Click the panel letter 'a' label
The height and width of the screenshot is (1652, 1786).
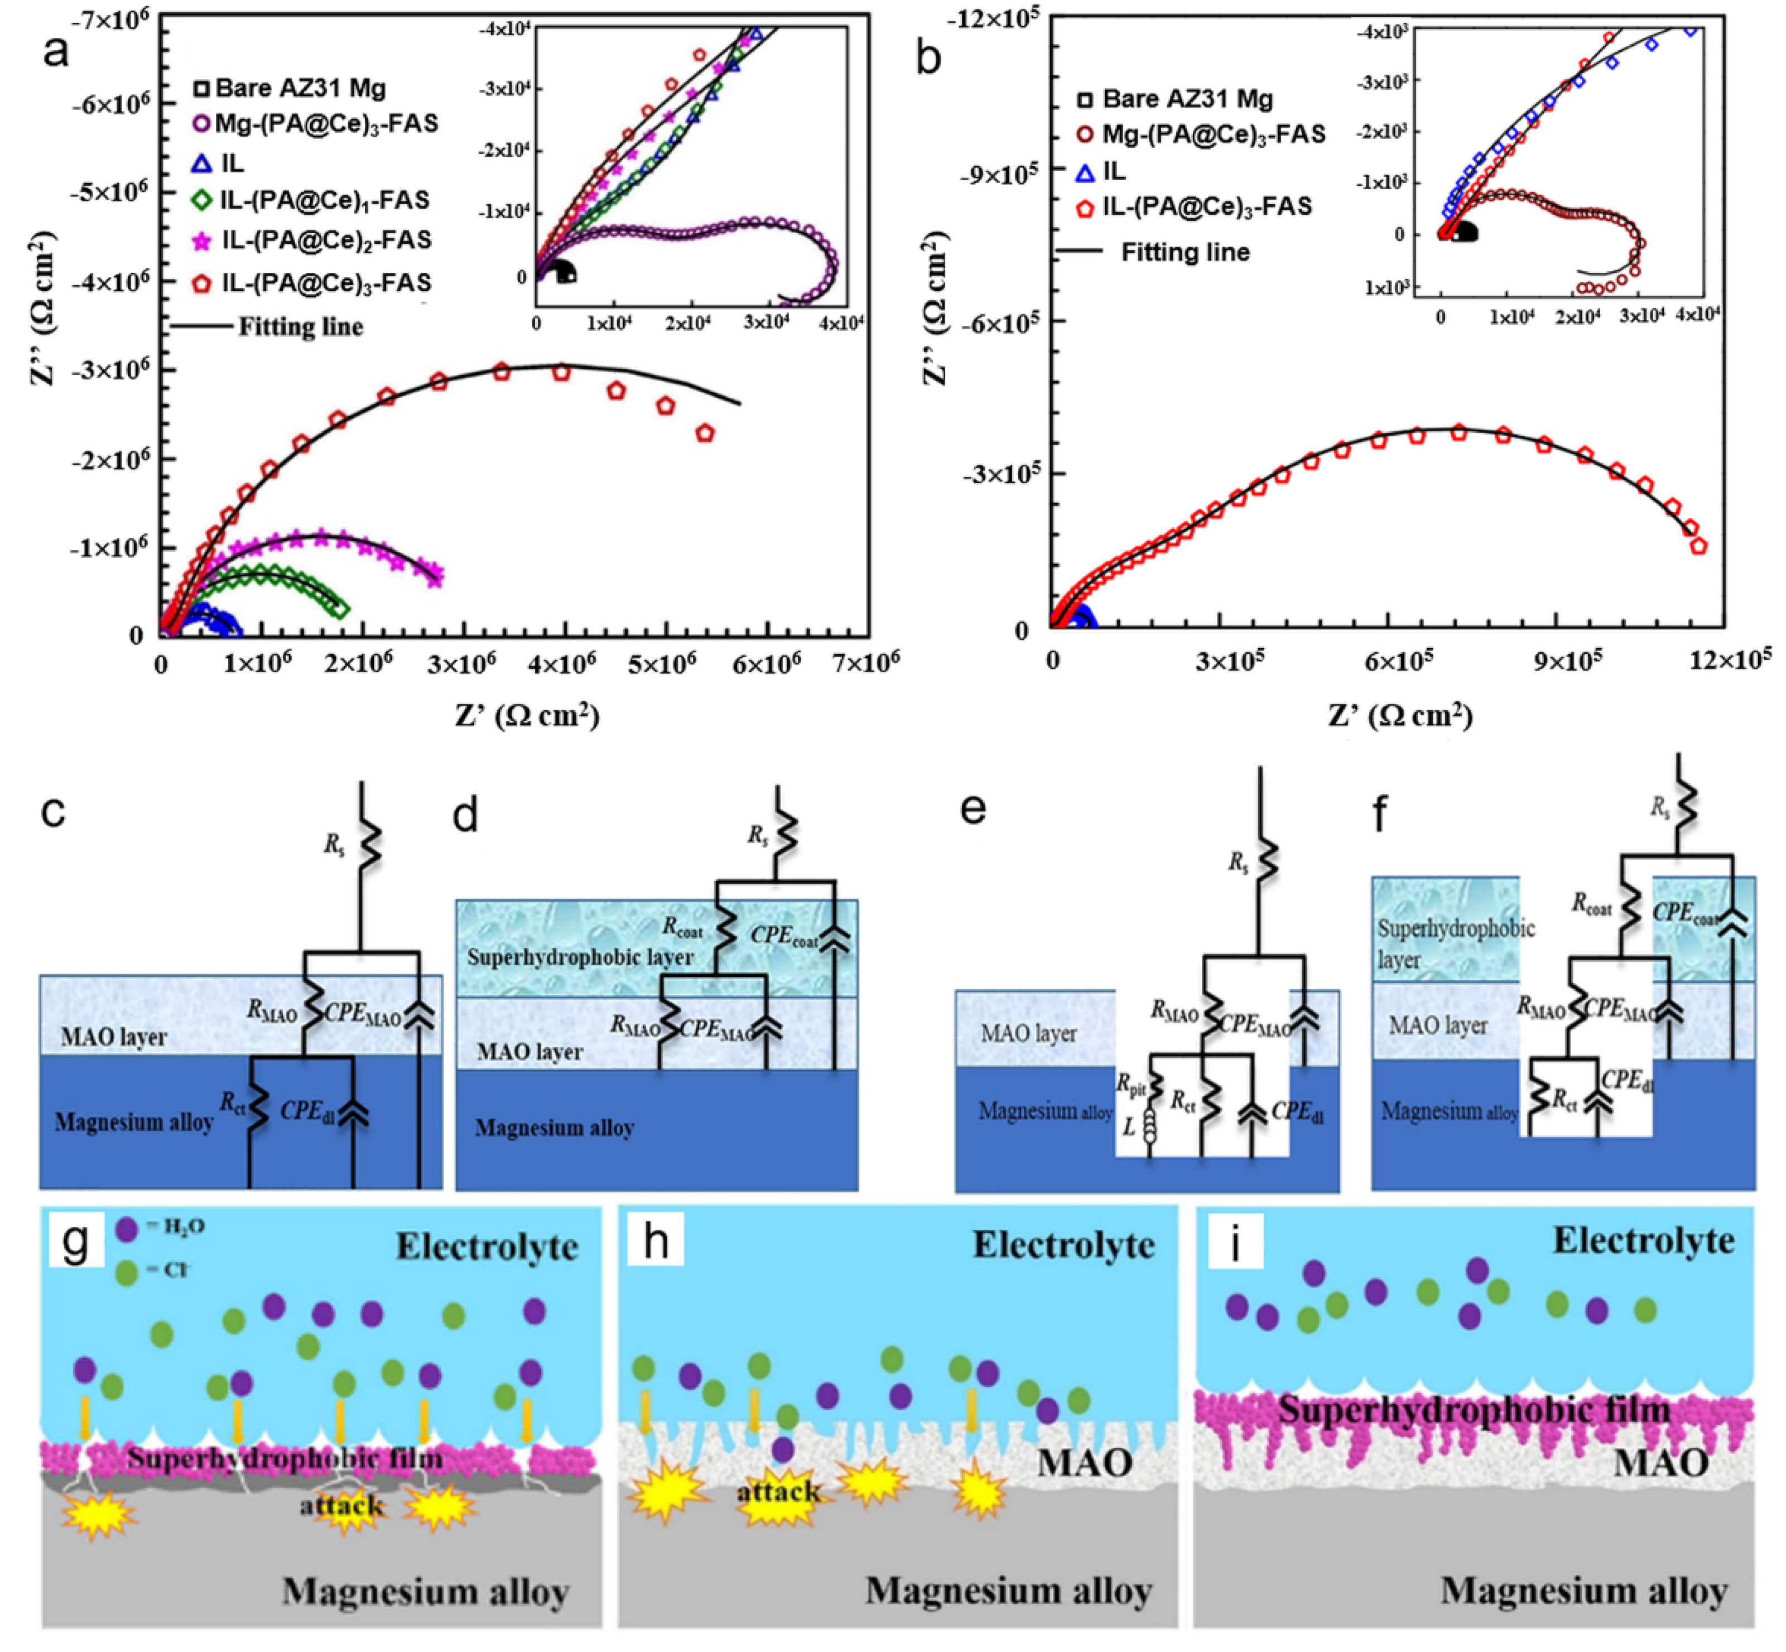tap(55, 52)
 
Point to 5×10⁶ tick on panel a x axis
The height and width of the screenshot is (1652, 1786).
tap(662, 664)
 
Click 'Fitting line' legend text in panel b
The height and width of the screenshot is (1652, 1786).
tap(1185, 253)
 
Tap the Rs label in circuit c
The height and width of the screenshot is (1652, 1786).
tap(334, 845)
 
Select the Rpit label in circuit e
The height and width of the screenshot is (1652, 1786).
tap(1131, 1085)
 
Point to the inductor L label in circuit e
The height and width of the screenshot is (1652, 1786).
tap(1129, 1128)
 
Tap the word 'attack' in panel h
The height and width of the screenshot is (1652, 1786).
tap(778, 1491)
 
